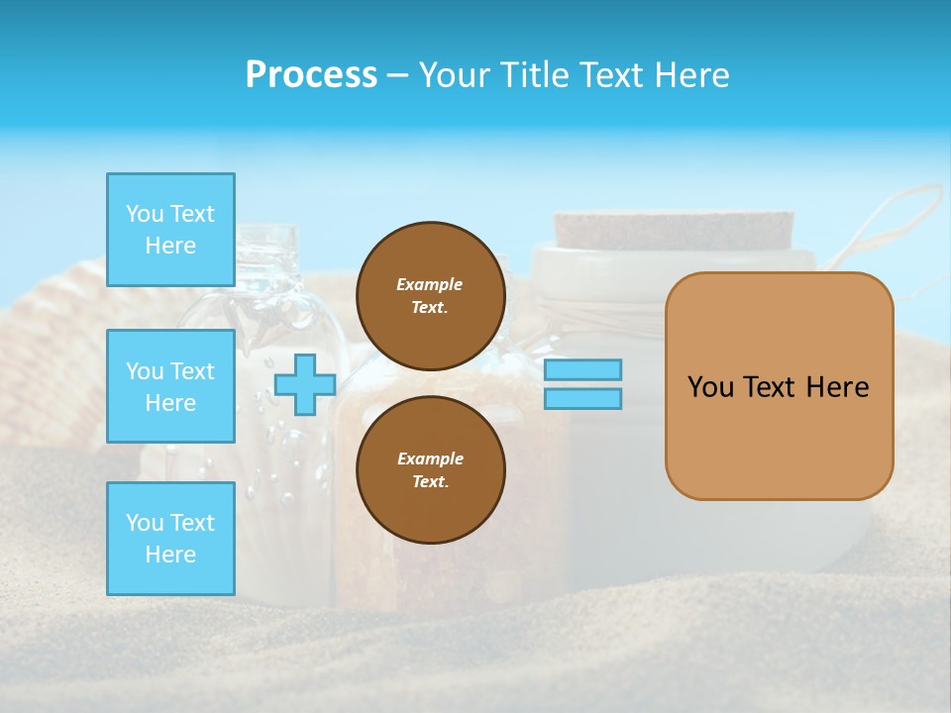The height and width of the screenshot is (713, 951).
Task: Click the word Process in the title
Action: click(x=311, y=75)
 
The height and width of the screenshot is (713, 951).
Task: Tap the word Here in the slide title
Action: click(x=689, y=75)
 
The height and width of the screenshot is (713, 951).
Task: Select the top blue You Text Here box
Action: click(x=170, y=230)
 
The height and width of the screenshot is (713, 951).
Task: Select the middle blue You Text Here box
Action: click(x=170, y=386)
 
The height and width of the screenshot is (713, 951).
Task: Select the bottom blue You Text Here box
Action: click(x=170, y=539)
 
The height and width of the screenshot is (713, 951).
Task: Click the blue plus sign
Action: click(x=305, y=384)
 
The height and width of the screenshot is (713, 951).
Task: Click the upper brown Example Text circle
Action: click(x=430, y=295)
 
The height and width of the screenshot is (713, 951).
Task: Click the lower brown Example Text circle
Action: click(x=430, y=469)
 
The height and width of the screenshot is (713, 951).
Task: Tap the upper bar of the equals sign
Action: click(x=582, y=369)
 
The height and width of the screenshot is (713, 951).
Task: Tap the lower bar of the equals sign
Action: click(x=582, y=398)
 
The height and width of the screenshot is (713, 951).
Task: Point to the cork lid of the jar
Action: click(x=674, y=230)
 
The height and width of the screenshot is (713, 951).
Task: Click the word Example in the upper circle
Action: click(x=430, y=284)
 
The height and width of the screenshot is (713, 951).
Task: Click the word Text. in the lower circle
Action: click(x=430, y=481)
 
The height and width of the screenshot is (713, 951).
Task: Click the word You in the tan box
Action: click(x=710, y=387)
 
